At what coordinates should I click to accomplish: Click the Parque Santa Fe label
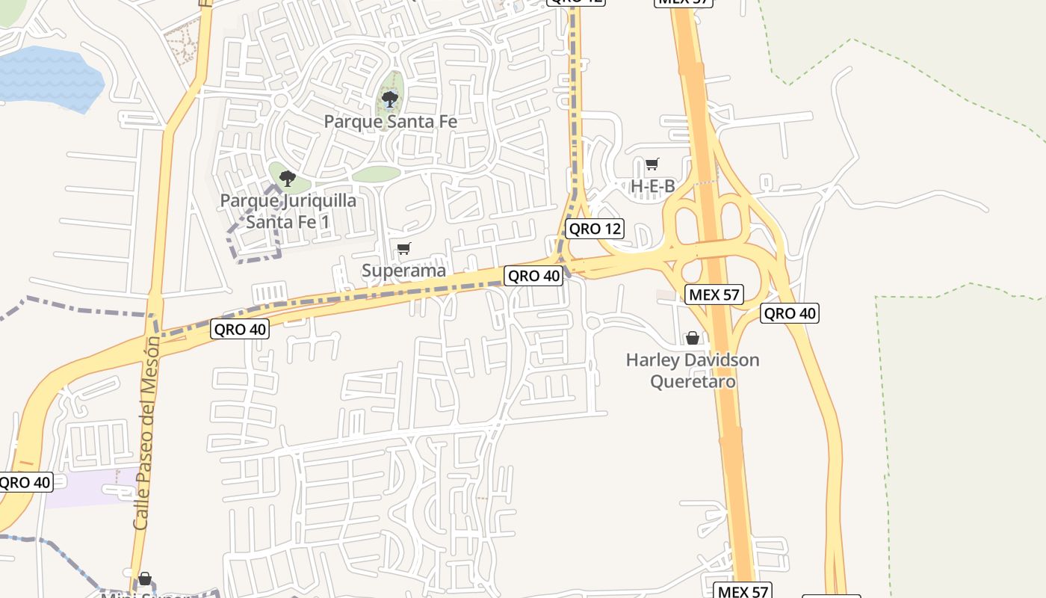coord(390,121)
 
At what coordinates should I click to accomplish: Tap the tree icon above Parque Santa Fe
coord(389,99)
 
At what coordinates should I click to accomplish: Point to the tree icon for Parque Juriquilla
coord(287,179)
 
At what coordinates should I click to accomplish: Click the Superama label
coord(403,271)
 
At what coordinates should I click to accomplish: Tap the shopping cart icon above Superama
coord(403,249)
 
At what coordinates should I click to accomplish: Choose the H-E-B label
coord(653,186)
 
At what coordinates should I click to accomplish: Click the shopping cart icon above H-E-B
coord(652,164)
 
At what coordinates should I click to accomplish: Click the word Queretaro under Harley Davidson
coord(693,381)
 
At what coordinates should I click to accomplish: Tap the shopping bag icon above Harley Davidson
coord(693,339)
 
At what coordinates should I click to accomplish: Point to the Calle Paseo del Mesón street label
coord(146,434)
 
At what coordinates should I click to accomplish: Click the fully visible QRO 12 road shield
coord(595,229)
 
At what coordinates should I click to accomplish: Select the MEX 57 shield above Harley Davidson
coord(714,295)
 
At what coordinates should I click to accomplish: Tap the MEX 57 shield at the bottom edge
coord(742,591)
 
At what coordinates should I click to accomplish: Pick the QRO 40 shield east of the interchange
coord(790,313)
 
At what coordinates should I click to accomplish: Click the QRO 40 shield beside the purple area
coord(25,482)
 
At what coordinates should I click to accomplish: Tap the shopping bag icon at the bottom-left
coord(145,579)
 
